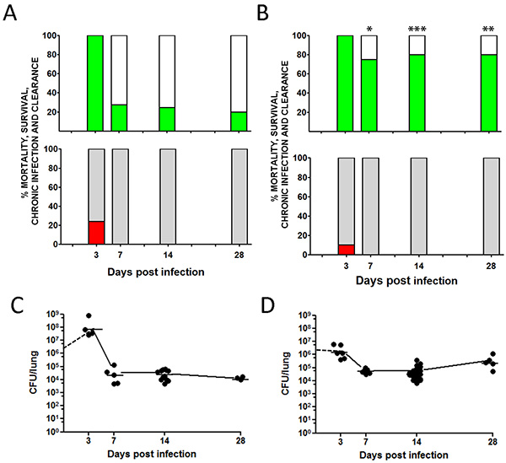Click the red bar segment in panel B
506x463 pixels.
[x=345, y=249]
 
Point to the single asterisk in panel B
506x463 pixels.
[x=369, y=29]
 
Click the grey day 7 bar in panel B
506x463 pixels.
[x=369, y=207]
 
